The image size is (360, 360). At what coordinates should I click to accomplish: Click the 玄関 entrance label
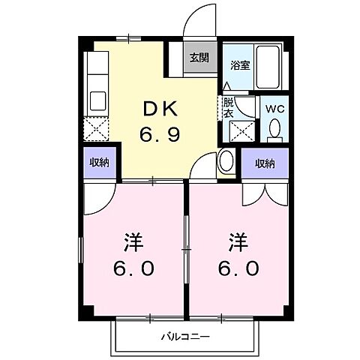(x=199, y=58)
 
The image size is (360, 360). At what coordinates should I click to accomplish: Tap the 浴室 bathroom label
(x=240, y=65)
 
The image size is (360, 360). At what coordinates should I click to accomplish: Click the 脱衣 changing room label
(x=227, y=108)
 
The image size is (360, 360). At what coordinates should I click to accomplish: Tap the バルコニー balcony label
(x=184, y=336)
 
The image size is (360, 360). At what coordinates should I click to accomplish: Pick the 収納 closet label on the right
(x=263, y=163)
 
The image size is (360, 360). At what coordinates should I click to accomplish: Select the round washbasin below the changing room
(x=226, y=161)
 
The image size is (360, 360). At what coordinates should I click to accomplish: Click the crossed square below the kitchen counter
(x=98, y=130)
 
